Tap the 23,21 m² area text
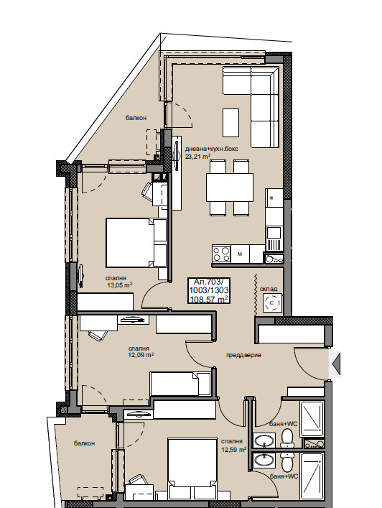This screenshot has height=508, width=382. tap(197, 157)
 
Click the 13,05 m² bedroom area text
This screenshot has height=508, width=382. tap(120, 285)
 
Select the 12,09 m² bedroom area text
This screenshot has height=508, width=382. tap(141, 355)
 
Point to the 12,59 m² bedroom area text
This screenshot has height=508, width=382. tap(234, 450)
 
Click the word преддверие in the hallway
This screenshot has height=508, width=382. tap(243, 355)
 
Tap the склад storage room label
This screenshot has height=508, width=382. tap(269, 289)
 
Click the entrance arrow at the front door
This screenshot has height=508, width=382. tap(336, 364)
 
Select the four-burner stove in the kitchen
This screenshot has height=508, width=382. tap(221, 254)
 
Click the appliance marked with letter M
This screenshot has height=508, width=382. tap(240, 254)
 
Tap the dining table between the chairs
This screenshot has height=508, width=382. tap(230, 188)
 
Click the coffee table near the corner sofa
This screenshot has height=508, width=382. tap(230, 123)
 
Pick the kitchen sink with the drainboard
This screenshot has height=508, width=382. tap(274, 239)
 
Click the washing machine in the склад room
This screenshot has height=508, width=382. tap(272, 303)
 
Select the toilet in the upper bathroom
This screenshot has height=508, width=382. tap(286, 438)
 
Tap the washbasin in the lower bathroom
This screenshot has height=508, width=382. tap(265, 460)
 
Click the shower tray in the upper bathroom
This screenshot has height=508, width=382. tap(312, 420)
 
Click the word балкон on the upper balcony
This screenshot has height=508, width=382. tap(136, 118)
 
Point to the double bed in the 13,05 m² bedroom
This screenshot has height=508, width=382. tap(136, 242)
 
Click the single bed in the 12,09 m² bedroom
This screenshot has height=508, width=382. tap(180, 384)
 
